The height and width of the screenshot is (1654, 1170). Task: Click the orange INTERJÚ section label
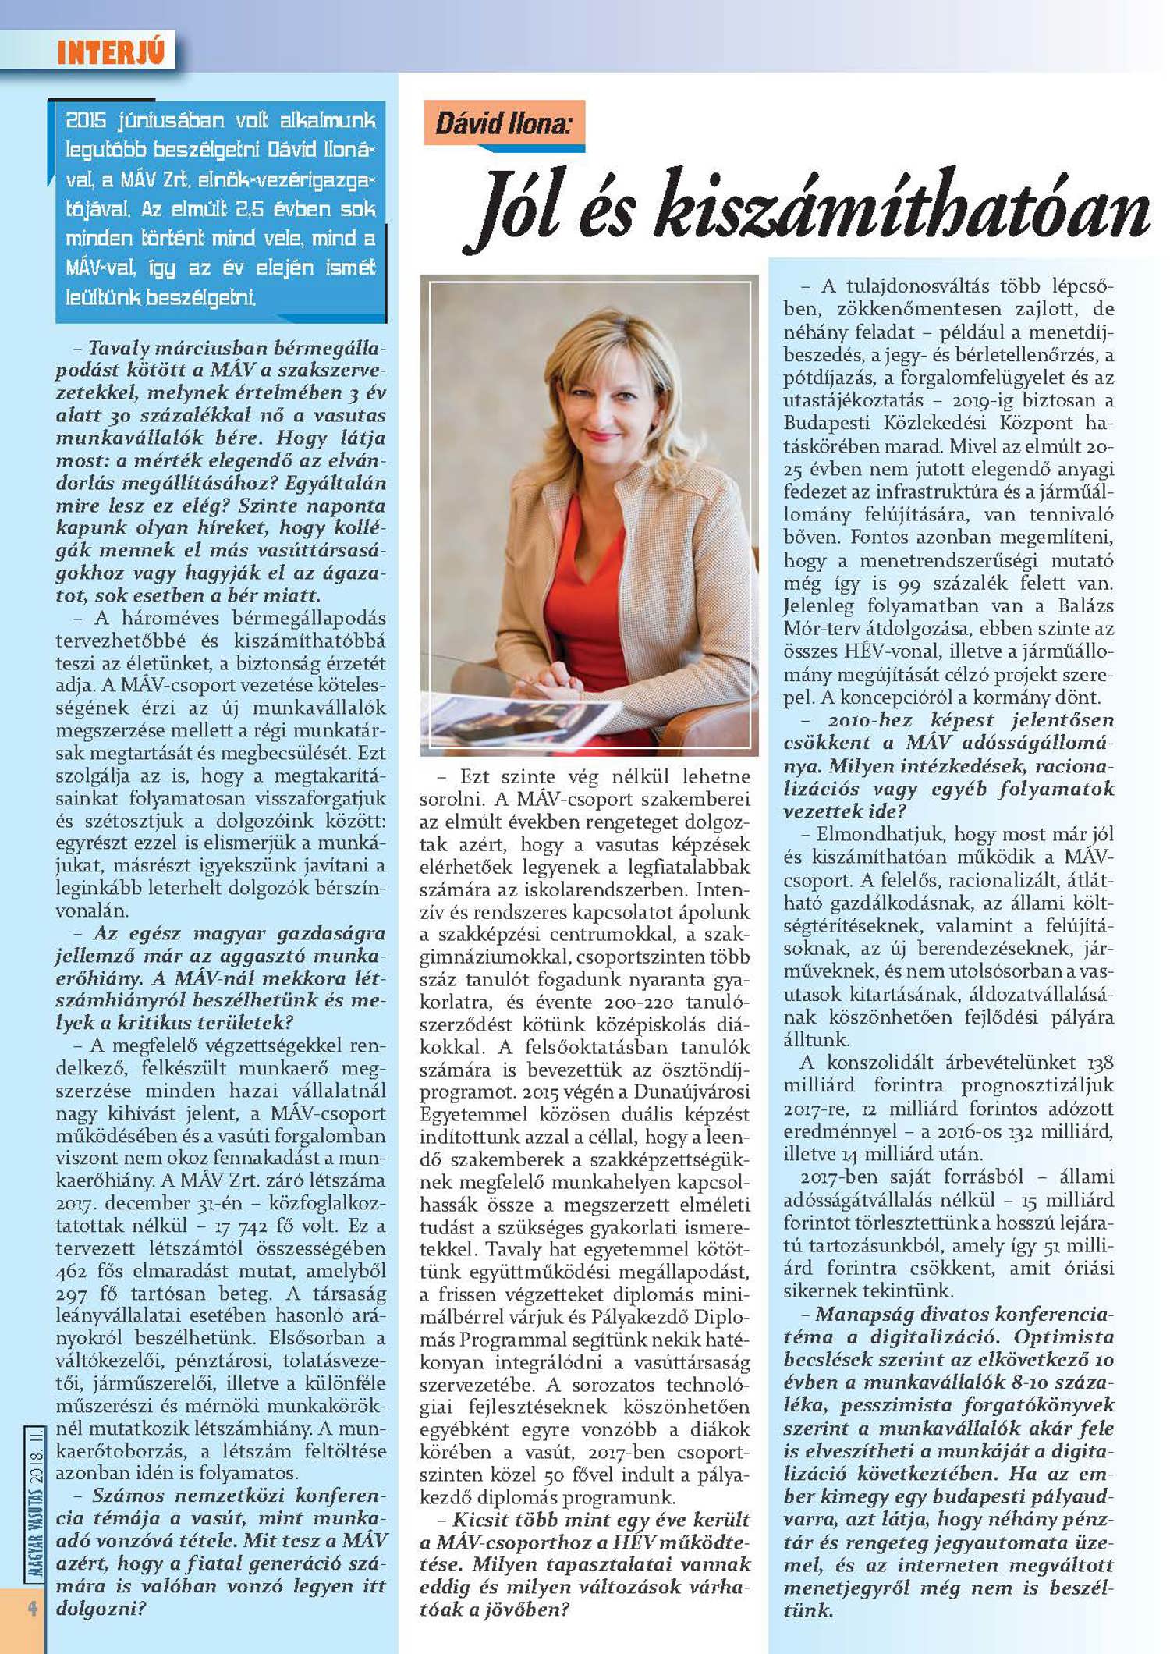[x=111, y=52]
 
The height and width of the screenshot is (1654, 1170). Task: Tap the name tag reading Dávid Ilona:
[x=503, y=123]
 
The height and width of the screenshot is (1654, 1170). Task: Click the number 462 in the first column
[x=71, y=1271]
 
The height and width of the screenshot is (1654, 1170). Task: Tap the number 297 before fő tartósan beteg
[x=71, y=1294]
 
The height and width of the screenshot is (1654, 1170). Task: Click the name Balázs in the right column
[x=1086, y=605]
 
